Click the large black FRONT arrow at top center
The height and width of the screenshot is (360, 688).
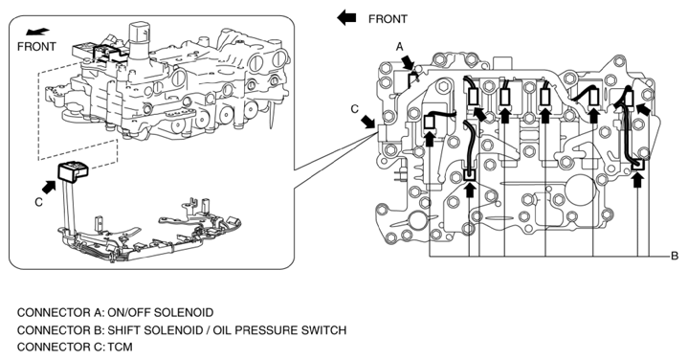346,18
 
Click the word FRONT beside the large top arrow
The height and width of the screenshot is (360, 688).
388,19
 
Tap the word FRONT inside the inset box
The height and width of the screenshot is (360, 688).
37,47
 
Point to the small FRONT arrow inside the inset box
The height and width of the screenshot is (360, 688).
37,32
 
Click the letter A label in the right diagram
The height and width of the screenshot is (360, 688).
399,47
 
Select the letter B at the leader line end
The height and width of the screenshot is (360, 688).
675,256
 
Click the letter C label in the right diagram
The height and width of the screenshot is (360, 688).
355,109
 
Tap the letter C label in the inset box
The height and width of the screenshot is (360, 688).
38,202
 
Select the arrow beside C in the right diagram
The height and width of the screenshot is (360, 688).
368,122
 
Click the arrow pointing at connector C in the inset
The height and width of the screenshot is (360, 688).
49,187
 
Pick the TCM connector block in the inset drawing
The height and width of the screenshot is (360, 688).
73,170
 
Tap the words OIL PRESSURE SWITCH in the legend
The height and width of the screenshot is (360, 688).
279,330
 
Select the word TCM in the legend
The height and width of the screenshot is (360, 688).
120,347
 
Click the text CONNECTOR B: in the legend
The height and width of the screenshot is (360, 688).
60,330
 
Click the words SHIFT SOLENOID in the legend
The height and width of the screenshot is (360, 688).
155,330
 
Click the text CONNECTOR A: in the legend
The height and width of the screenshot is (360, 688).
60,312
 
